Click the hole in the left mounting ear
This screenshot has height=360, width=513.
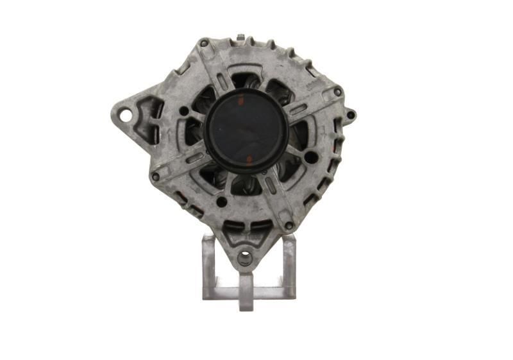pos(126,116)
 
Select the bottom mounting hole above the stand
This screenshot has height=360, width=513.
pos(245,259)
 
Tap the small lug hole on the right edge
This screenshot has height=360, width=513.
pos(351,116)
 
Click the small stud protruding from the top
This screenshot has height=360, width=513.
pos(240,38)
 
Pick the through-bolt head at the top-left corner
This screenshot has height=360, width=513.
pos(204,44)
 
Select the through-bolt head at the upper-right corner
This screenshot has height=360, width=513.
pos(338,92)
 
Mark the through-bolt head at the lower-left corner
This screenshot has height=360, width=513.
pos(155,176)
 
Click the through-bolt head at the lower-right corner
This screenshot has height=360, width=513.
pos(289,225)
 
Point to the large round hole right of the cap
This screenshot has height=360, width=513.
pos(310,157)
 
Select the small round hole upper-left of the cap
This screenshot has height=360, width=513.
pos(184,111)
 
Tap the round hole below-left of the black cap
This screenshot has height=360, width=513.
pos(221,201)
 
